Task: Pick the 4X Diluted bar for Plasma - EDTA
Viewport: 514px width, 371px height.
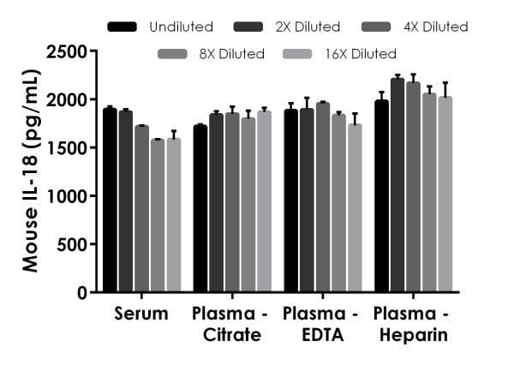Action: [x=323, y=197]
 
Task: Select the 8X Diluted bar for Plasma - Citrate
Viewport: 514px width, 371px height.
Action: [x=248, y=205]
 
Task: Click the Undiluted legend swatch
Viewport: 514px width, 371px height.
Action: [x=123, y=27]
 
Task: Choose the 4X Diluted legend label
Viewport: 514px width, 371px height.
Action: [x=436, y=27]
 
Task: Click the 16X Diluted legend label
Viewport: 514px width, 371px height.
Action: [x=361, y=54]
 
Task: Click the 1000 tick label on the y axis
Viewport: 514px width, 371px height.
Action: [x=69, y=196]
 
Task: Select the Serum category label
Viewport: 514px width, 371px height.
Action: [x=141, y=314]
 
